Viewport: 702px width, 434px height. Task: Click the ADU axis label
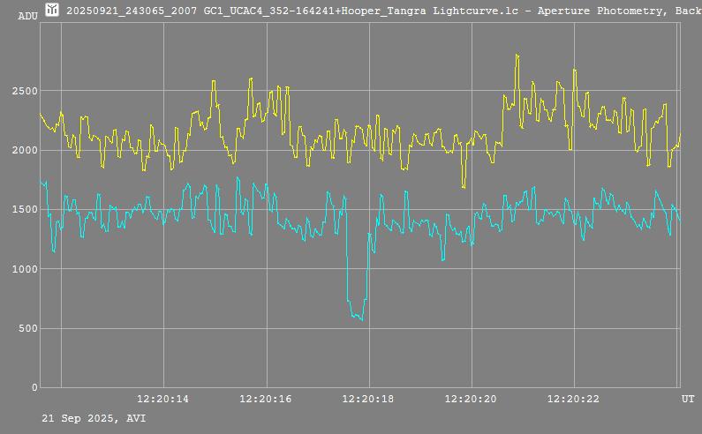27,15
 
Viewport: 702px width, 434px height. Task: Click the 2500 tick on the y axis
25,91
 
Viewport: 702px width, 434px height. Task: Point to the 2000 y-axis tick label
25,150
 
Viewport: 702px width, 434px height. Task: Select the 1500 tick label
25,210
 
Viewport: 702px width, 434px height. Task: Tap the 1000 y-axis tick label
25,269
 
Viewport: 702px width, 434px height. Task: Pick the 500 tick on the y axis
27,328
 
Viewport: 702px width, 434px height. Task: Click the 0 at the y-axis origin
34,387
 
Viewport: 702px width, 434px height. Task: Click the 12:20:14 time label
162,399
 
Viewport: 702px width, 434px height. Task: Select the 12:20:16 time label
266,399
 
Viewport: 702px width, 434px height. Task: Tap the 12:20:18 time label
368,399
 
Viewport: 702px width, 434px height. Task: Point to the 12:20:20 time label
472,399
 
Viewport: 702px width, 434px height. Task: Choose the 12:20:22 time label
574,399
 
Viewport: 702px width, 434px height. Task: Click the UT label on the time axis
687,399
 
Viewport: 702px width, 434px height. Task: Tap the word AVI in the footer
136,418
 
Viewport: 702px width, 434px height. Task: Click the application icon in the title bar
52,10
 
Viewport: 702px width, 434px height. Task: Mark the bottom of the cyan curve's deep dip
362,319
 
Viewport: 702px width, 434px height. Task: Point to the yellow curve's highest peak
517,56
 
